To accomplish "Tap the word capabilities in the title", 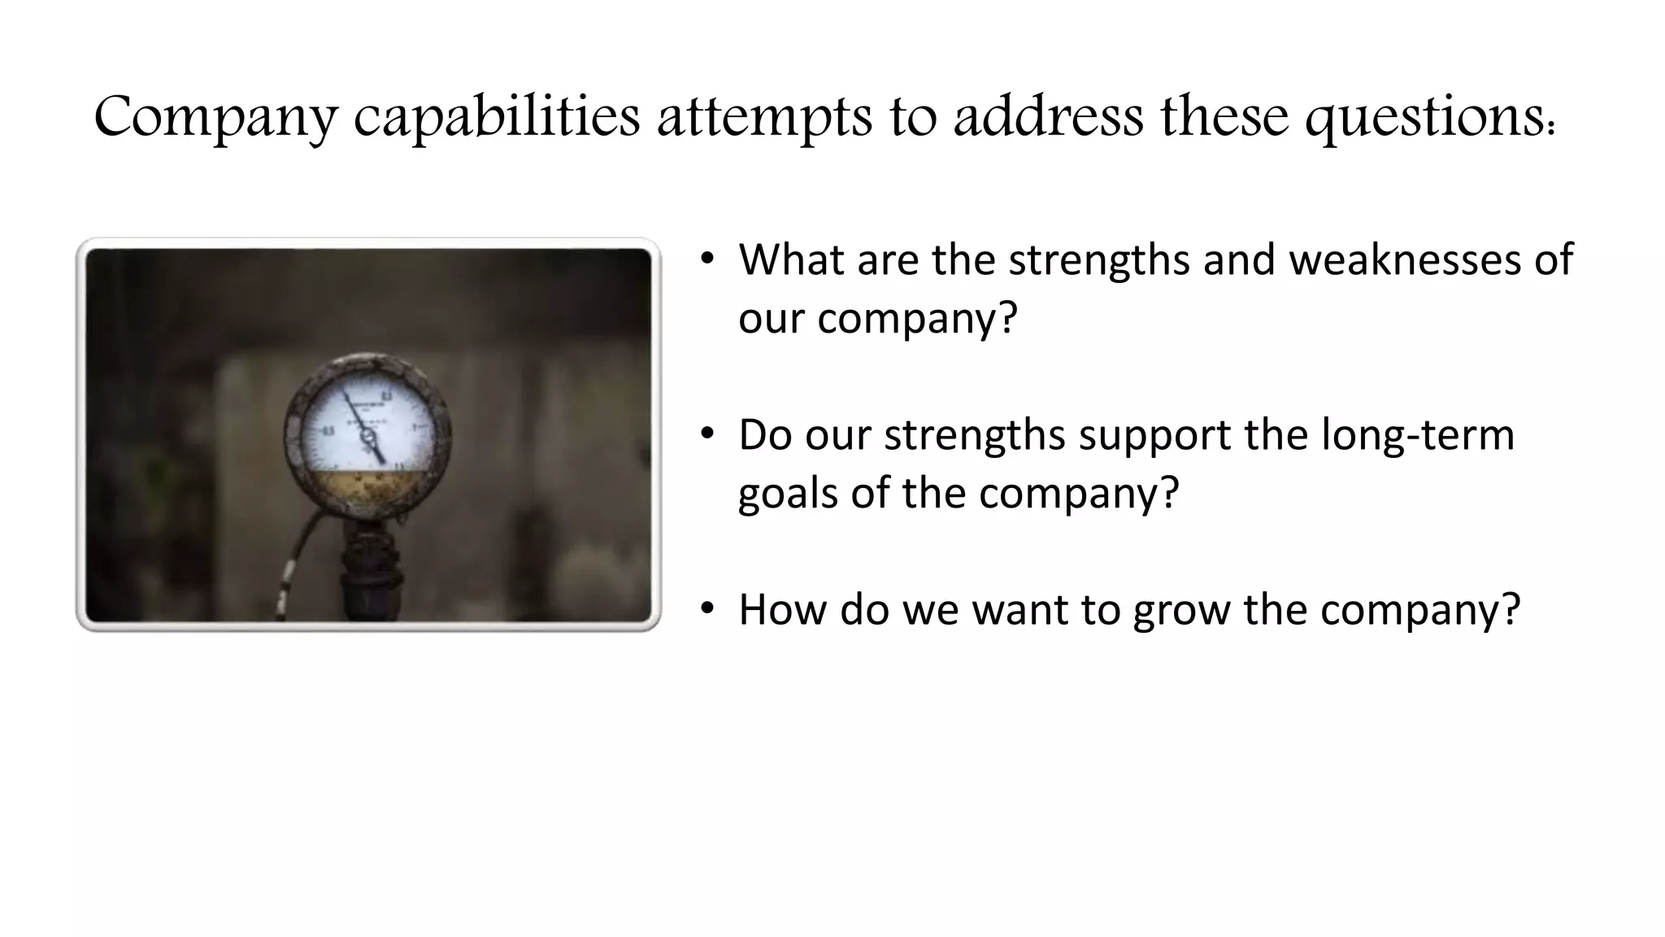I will tap(497, 116).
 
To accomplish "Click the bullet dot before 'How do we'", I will tap(707, 608).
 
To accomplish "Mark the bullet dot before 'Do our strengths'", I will tap(707, 433).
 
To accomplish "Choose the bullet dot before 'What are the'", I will tap(707, 259).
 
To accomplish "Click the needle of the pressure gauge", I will tap(364, 427).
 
